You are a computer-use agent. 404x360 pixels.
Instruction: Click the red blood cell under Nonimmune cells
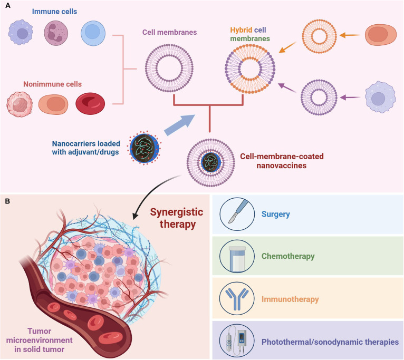(90, 103)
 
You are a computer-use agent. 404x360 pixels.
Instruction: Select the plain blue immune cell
(93, 33)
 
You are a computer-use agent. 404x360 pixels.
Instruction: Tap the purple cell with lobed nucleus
(56, 33)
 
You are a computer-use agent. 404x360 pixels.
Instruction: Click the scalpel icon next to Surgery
(237, 214)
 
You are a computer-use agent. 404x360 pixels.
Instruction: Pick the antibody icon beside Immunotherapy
(237, 299)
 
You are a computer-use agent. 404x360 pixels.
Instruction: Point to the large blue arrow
(179, 125)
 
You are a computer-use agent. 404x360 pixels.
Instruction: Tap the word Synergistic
(177, 212)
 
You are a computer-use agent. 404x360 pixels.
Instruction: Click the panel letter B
(7, 201)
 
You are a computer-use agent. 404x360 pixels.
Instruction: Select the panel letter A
(8, 5)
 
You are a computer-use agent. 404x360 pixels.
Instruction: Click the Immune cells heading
(54, 12)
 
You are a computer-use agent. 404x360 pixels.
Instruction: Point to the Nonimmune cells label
(52, 84)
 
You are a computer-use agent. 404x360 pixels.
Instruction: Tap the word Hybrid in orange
(241, 30)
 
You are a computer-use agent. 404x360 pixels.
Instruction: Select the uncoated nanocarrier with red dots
(144, 148)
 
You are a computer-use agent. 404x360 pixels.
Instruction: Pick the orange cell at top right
(381, 35)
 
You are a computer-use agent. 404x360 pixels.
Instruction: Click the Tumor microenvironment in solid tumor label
(39, 340)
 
